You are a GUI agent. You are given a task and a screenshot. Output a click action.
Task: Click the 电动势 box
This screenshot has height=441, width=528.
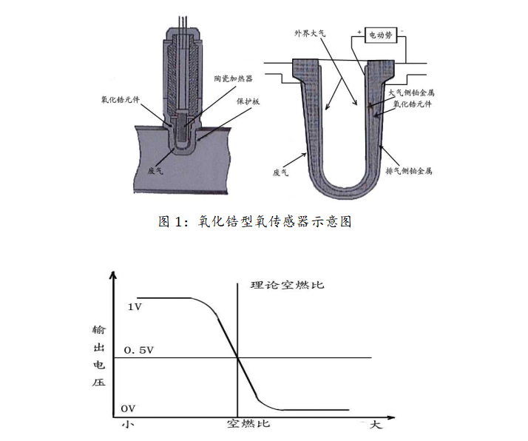[381, 35]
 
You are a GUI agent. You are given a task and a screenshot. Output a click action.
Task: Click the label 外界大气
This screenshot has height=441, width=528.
[310, 33]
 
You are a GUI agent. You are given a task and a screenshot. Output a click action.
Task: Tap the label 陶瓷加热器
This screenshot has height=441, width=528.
[234, 78]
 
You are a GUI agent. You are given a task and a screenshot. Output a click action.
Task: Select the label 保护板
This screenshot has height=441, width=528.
[248, 101]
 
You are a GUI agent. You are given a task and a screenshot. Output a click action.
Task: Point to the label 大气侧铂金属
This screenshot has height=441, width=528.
[411, 92]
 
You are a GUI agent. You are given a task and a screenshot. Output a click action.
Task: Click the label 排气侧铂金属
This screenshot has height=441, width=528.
[409, 171]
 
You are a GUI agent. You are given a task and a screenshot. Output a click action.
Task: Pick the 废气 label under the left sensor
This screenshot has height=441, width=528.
[155, 170]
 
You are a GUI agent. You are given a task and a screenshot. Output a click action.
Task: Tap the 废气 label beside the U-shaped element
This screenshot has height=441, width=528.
[280, 172]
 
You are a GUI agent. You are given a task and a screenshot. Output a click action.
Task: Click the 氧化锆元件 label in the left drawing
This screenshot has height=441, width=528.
[121, 99]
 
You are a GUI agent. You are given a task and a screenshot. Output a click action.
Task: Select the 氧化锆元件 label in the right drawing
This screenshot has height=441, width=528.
[413, 104]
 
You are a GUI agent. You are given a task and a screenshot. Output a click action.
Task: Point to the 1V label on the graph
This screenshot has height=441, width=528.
[135, 307]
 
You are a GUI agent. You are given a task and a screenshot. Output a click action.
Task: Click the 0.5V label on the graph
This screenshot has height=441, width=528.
[139, 351]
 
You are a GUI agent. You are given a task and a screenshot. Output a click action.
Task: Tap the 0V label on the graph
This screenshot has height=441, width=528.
[128, 408]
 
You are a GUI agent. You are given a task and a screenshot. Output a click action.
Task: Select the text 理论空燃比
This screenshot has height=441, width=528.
[287, 285]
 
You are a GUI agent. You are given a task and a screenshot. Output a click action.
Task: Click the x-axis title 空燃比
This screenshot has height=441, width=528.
[248, 423]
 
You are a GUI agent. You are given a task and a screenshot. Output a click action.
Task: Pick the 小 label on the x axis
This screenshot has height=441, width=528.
[128, 424]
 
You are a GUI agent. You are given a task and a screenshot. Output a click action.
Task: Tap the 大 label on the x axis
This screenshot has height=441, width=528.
[376, 424]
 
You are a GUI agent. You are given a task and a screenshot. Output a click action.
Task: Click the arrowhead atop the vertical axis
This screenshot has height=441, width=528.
[113, 275]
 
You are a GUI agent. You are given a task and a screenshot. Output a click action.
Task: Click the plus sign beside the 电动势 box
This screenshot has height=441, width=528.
[359, 33]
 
